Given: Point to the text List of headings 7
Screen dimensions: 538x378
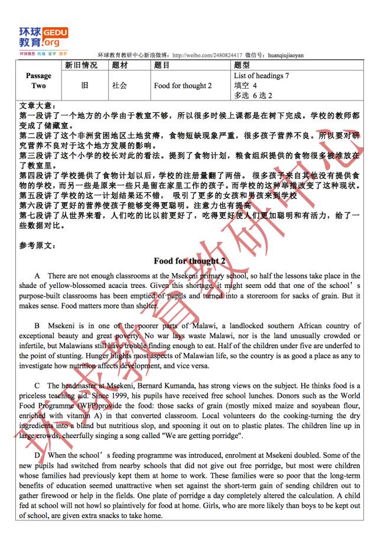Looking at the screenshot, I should tap(262, 76).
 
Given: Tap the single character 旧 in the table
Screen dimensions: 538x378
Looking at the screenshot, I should tap(84, 85).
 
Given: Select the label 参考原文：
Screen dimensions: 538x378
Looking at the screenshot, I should tap(39, 245).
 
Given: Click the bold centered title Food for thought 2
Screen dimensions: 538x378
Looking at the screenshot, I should tap(190, 261).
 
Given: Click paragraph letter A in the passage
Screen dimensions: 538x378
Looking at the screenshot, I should tap(37, 276).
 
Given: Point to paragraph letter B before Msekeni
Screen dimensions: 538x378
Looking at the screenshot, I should tap(37, 326).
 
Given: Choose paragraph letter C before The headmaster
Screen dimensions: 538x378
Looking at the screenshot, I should tap(37, 386).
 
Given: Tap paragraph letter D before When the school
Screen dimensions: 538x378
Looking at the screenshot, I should tap(37, 455).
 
